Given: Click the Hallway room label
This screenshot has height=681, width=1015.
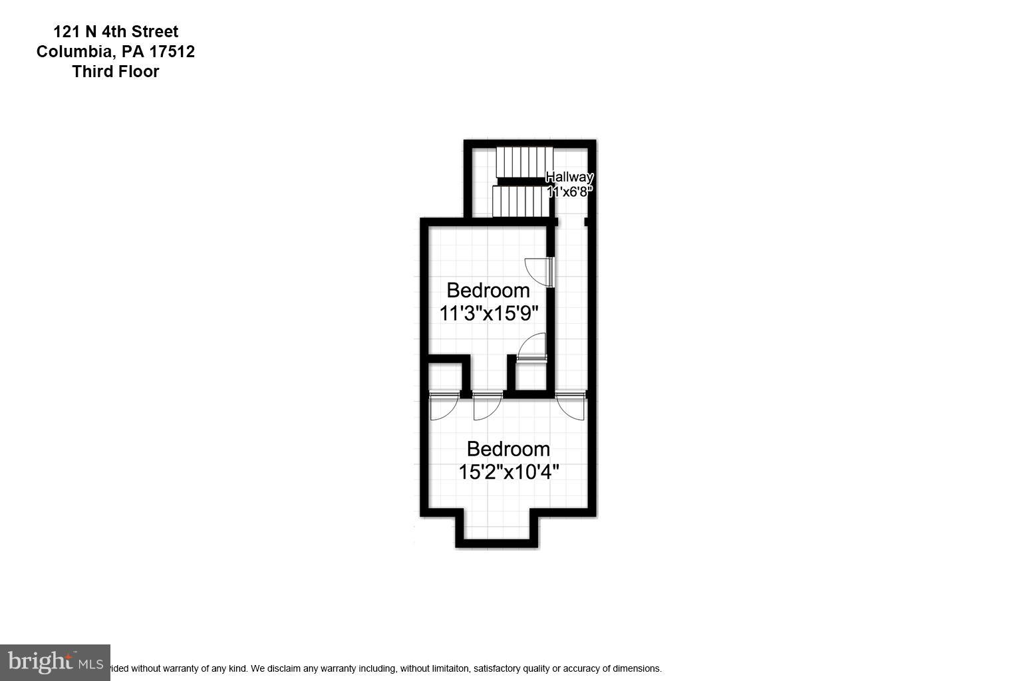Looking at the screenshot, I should point(569,177).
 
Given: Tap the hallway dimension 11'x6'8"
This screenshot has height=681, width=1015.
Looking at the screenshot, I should point(569,192).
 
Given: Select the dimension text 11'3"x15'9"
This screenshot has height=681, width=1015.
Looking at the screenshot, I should point(488,313).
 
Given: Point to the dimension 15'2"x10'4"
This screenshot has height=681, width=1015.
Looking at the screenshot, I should point(508,472).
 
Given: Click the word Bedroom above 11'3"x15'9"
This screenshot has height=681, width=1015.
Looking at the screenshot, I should point(488,291).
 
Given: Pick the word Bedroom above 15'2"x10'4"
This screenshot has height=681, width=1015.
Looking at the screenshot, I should point(508,449).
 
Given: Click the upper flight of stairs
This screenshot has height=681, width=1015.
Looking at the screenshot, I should point(524,162).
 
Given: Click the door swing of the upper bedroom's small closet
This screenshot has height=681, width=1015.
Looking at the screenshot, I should point(532,348).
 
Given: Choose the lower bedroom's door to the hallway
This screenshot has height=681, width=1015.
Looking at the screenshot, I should point(571,406).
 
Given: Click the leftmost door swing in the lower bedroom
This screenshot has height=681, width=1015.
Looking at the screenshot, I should point(442,406).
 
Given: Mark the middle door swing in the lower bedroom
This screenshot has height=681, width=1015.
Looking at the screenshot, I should point(486,406).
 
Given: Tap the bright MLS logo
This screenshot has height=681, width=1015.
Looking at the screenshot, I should point(55,662).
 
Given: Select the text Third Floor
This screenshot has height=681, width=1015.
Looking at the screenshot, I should point(116,72).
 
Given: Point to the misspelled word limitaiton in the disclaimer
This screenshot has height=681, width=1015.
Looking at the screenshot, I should point(449,668).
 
